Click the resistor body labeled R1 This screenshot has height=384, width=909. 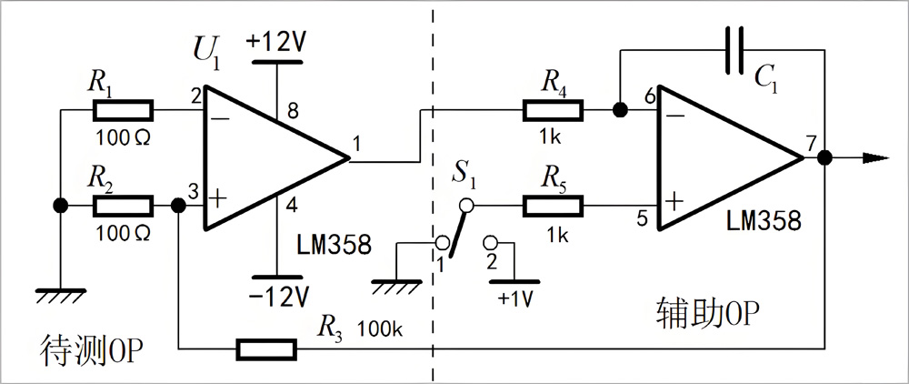click(x=123, y=113)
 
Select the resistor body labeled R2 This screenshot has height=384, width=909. click(x=123, y=207)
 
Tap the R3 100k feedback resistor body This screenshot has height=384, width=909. click(x=266, y=348)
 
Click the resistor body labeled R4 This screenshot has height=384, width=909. click(x=553, y=111)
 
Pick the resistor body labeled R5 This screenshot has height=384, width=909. click(x=553, y=207)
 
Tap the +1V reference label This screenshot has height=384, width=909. click(x=515, y=298)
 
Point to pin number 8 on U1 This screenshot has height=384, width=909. click(x=291, y=110)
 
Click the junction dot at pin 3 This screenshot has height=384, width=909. click(x=178, y=207)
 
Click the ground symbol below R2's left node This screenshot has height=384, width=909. click(x=59, y=293)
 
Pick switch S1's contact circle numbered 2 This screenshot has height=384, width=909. click(x=492, y=243)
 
